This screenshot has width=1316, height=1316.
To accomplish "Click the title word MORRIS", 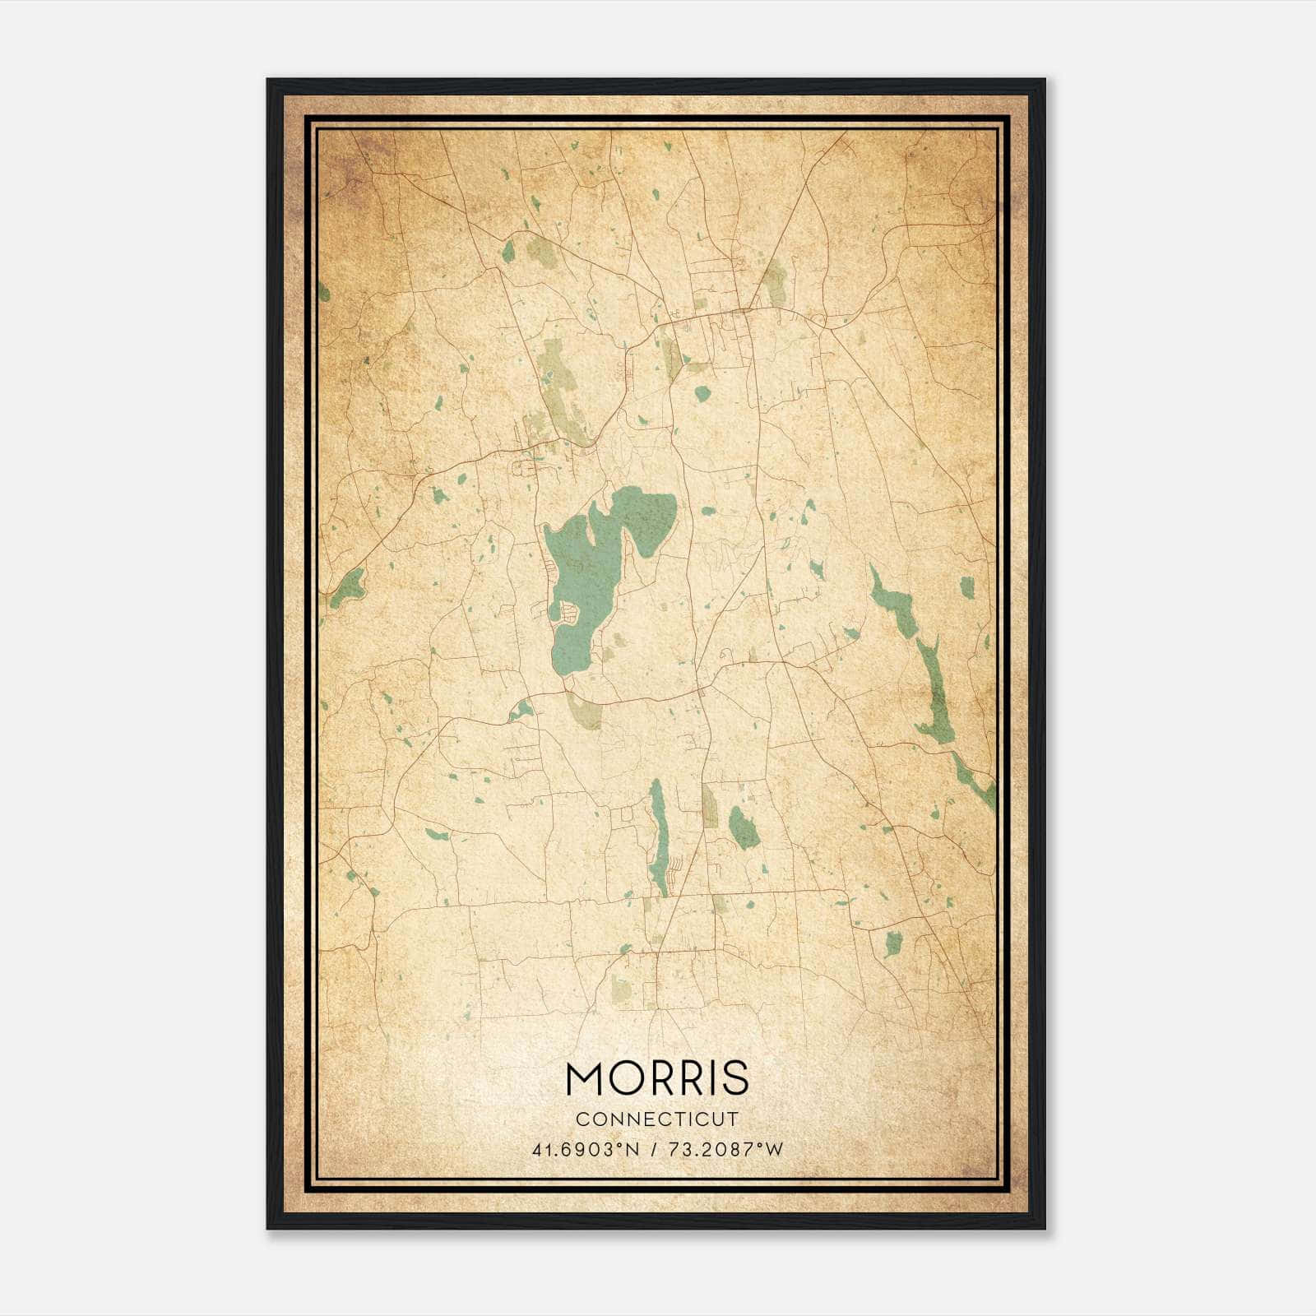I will click(x=657, y=1077).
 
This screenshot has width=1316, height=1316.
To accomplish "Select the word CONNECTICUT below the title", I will click(x=657, y=1119).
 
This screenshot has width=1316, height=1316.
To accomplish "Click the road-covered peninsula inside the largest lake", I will click(x=568, y=612).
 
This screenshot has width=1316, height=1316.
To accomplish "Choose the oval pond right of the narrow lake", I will click(x=744, y=827).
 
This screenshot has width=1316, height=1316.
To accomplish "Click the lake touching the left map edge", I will click(x=347, y=587).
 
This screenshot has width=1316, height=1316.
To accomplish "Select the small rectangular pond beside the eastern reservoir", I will click(x=966, y=587).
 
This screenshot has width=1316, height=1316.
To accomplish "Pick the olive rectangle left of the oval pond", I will click(x=709, y=806).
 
